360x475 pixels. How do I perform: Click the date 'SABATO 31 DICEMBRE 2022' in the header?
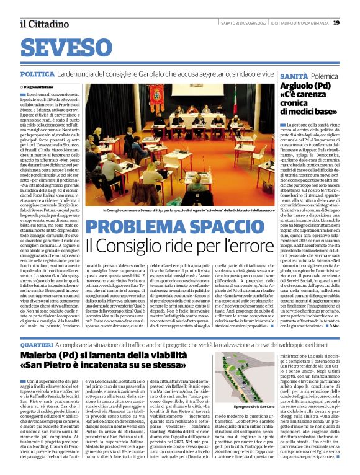(241, 23)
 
